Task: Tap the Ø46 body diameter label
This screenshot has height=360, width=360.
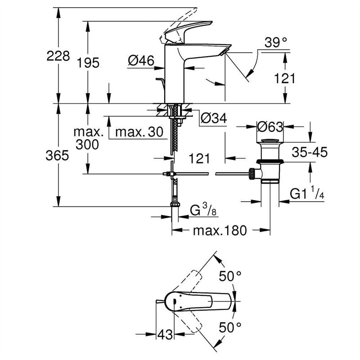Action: coord(141,60)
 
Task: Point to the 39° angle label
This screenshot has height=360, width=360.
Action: coord(275,43)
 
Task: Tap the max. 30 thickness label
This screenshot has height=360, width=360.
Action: coord(137,132)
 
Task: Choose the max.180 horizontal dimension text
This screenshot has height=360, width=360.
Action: coord(220,231)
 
